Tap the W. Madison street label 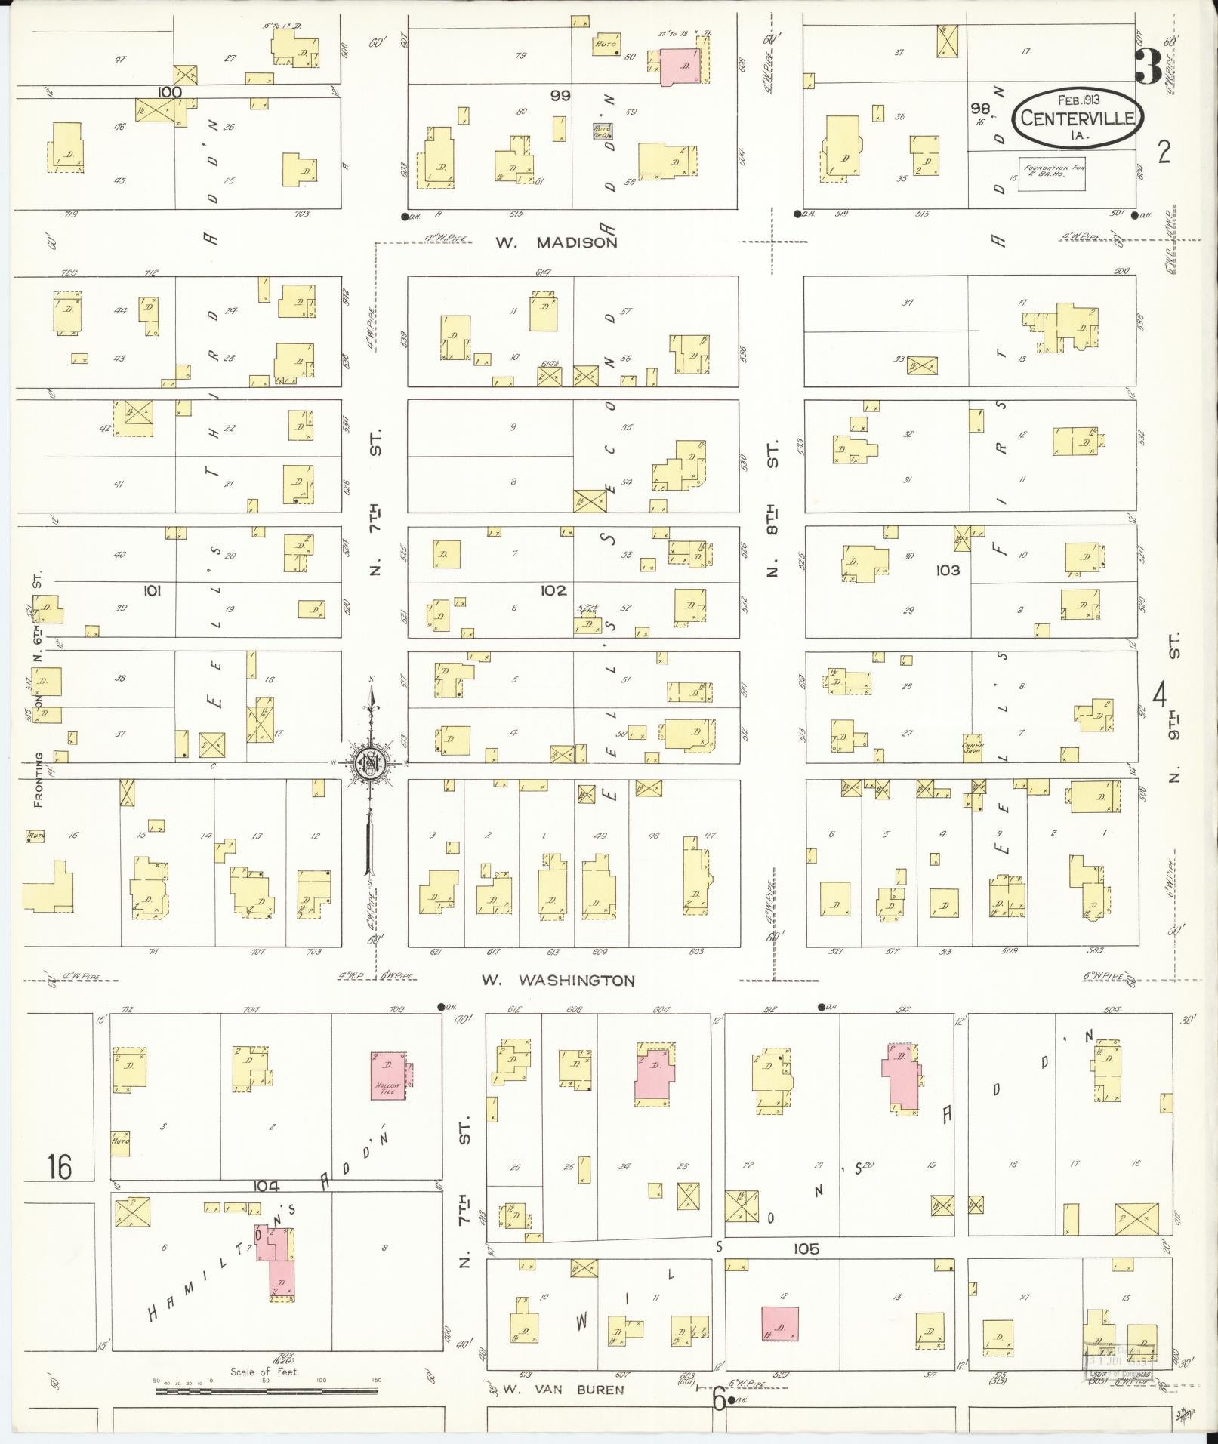[557, 242]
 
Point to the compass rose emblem [371, 764]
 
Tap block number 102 [553, 590]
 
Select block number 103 [948, 571]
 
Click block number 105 [806, 1249]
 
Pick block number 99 [560, 96]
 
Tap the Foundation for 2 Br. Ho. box [1052, 175]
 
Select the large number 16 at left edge [59, 1167]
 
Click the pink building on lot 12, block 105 [780, 1323]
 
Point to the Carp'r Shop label [972, 747]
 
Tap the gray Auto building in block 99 [602, 131]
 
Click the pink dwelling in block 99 [680, 66]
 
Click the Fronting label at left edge [39, 779]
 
